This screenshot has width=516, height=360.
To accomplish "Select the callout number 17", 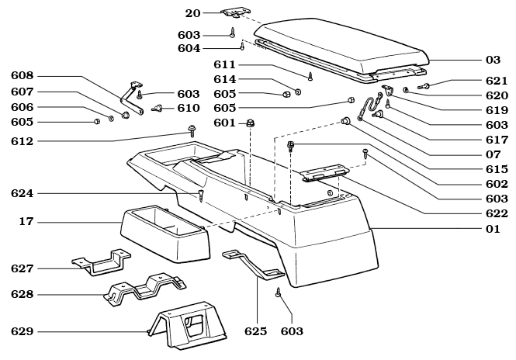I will [26, 223].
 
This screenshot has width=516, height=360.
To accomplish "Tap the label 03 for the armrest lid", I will [493, 60].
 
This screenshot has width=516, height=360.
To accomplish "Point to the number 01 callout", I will [493, 229].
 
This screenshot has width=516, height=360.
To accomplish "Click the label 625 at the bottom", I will [255, 331].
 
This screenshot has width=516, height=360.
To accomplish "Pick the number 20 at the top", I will [192, 13].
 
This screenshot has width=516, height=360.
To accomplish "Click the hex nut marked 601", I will [251, 123].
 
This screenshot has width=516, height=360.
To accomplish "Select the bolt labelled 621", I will [428, 85].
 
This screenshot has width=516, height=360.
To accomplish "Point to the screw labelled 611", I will [310, 76].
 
